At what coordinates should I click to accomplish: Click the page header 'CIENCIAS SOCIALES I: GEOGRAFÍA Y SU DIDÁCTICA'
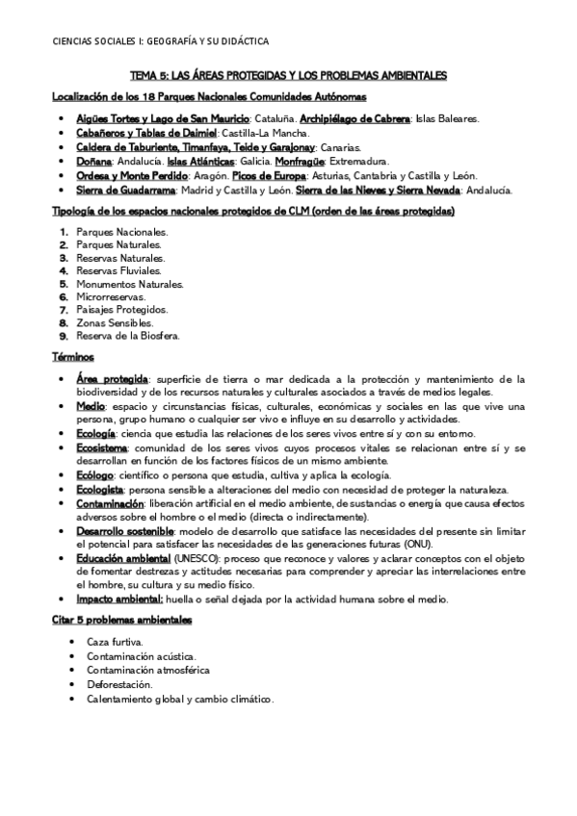pyautogui.click(x=160, y=41)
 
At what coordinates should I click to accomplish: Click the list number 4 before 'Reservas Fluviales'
pyautogui.click(x=64, y=271)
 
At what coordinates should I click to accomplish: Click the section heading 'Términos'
pyautogui.click(x=71, y=357)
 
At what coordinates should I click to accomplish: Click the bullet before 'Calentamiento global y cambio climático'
pyautogui.click(x=73, y=699)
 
